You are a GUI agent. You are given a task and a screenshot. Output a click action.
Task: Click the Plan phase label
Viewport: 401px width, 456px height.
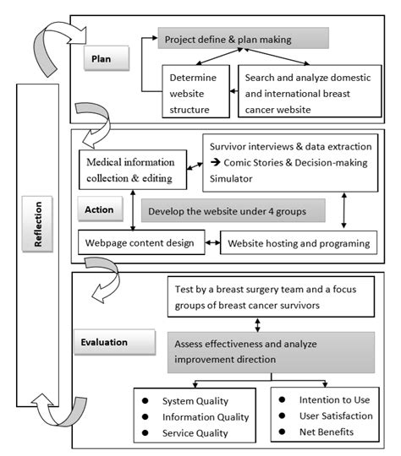tap(107, 60)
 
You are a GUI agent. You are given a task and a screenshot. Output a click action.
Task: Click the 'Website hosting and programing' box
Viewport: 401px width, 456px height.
tap(296, 244)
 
